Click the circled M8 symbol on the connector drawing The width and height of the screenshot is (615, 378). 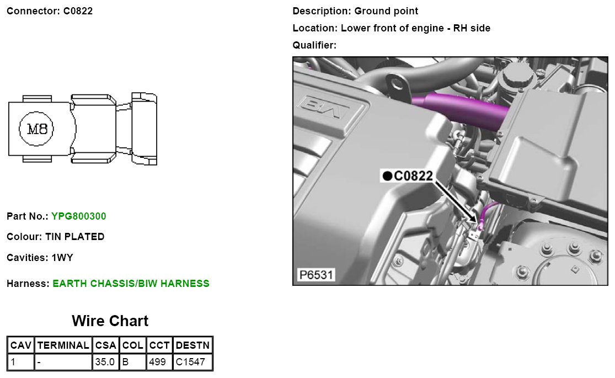[36, 129]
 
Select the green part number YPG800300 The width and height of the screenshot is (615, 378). [79, 216]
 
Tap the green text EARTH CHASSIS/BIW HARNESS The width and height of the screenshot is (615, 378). [131, 284]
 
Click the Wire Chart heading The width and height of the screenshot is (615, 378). [110, 321]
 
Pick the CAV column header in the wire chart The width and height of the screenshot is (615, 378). [21, 345]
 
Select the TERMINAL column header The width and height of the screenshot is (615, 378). [63, 345]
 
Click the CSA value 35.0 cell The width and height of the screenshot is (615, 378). [105, 362]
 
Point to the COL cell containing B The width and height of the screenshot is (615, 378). [132, 362]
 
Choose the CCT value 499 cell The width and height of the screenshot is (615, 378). [159, 362]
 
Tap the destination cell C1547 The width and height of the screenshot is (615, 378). [192, 362]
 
